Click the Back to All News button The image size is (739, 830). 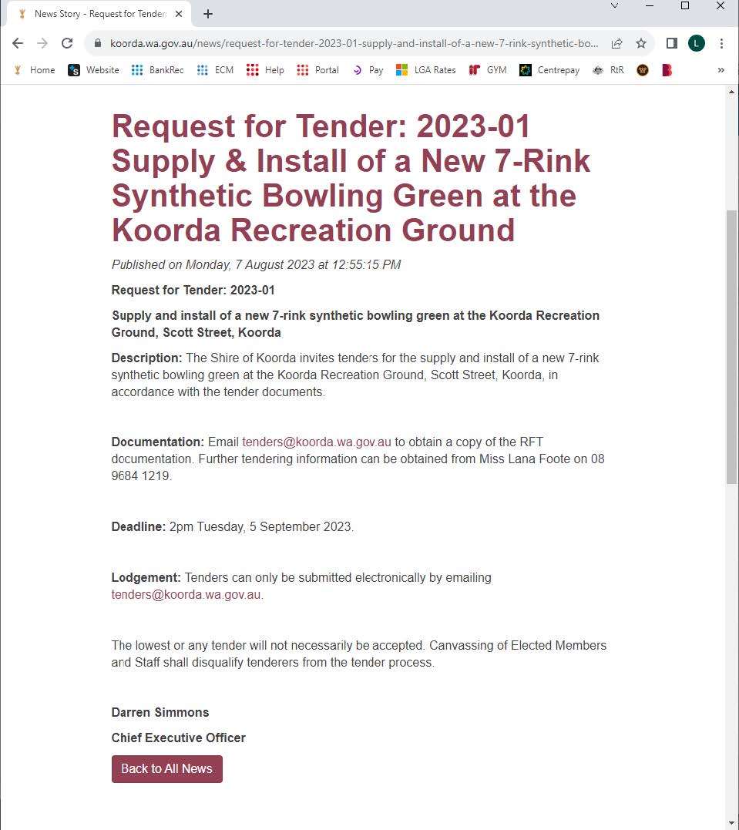pos(166,768)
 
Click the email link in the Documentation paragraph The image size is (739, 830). pos(317,442)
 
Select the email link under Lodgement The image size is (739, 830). pos(186,595)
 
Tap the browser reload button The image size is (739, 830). pos(67,43)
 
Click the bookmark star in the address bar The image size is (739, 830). pos(641,43)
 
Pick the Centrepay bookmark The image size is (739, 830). pos(549,70)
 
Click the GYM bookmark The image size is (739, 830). pos(488,70)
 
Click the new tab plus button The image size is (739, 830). pos(208,14)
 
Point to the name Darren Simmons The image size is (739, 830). pos(160,712)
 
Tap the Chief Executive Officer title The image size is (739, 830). pos(178,738)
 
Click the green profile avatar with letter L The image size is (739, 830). pos(696,43)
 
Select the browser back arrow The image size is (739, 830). pos(18,43)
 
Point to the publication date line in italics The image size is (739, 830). pos(256,265)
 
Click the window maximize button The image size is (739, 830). pos(684,6)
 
